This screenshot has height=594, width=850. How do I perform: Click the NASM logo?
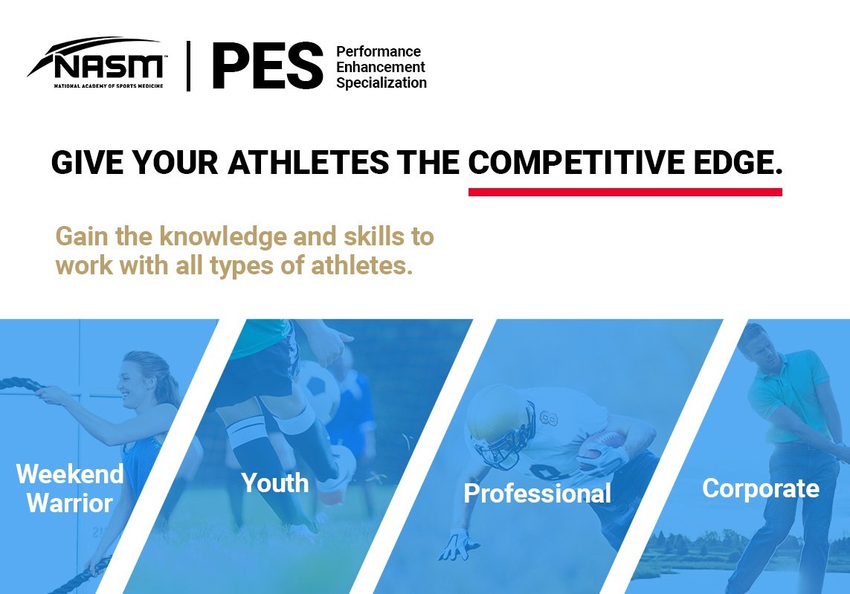tap(95, 62)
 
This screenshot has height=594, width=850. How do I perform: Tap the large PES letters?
tap(267, 65)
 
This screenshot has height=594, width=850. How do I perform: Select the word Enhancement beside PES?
tap(381, 67)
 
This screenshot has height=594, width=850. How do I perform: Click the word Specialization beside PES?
tap(381, 83)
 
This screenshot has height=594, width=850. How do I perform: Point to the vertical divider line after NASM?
tap(188, 65)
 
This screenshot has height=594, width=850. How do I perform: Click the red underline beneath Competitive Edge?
tap(625, 192)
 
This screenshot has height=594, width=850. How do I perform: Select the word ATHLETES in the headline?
tap(309, 162)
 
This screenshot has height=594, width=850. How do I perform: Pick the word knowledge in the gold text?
tap(222, 237)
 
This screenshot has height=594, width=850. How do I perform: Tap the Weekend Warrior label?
tap(70, 488)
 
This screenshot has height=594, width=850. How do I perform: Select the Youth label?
tap(275, 482)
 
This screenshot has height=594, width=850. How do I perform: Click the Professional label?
tap(537, 493)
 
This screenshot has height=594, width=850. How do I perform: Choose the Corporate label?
tap(761, 489)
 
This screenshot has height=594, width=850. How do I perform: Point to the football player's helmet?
tap(500, 424)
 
